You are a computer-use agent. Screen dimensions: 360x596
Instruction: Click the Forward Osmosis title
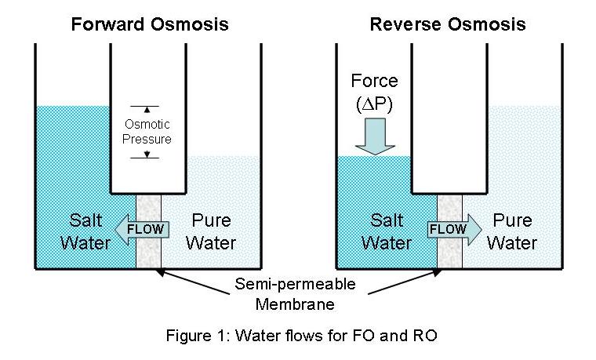pos(150,24)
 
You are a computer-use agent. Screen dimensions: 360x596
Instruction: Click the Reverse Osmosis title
pos(448,24)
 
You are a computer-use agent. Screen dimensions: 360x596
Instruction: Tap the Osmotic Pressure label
pos(147,132)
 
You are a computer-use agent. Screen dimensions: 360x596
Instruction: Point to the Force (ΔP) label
pos(374,91)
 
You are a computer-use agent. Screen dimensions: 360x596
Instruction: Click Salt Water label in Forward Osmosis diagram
pos(85,231)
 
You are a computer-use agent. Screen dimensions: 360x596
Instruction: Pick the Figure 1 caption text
pos(297,337)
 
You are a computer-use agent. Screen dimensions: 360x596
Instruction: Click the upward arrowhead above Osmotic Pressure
pos(147,110)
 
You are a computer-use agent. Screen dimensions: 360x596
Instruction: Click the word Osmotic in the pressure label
pos(147,125)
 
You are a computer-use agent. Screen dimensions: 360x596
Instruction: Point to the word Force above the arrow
pos(374,81)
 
